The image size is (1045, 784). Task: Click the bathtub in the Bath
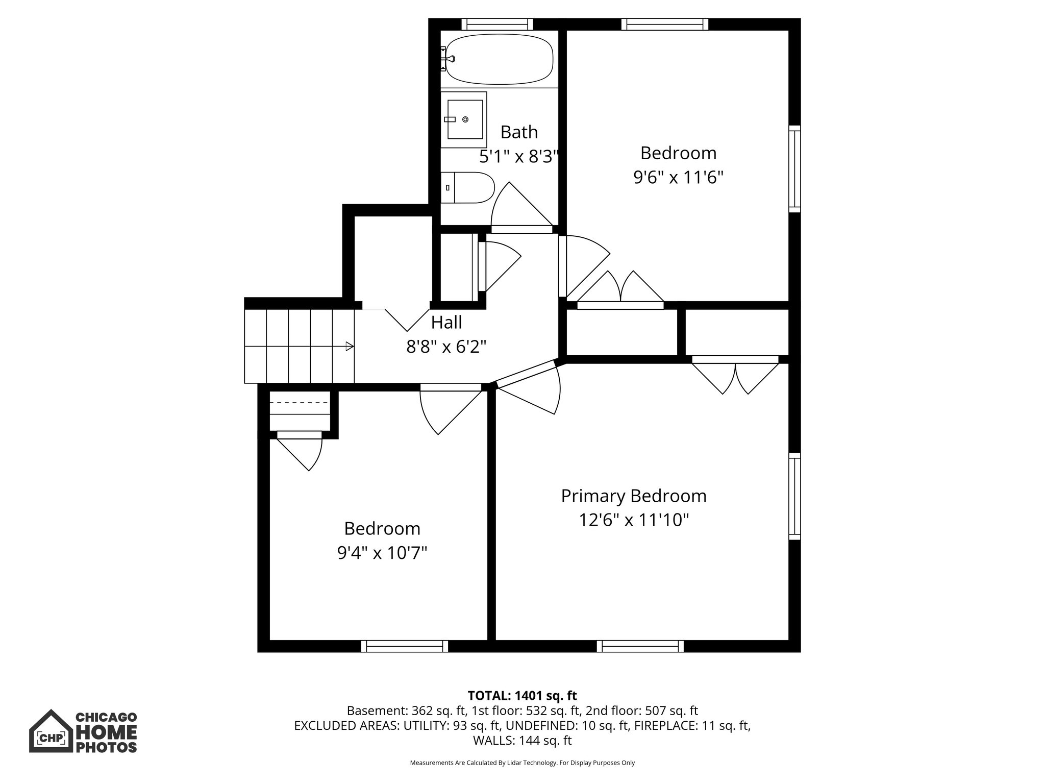(500, 59)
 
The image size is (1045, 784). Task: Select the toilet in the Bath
(467, 187)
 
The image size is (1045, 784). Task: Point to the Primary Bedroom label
(633, 496)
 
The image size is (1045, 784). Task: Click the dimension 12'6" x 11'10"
(633, 520)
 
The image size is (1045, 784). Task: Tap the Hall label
(446, 322)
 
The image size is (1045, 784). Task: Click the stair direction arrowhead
(350, 347)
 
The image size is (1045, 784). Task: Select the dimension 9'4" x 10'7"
(382, 553)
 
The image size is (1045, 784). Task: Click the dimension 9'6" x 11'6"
(678, 178)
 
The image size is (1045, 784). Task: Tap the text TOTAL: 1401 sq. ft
(522, 696)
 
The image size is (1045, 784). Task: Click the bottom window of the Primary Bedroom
(640, 646)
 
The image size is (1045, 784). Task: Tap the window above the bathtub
(497, 24)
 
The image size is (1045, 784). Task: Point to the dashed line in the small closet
(299, 403)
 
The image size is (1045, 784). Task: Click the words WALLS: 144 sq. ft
(522, 741)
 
